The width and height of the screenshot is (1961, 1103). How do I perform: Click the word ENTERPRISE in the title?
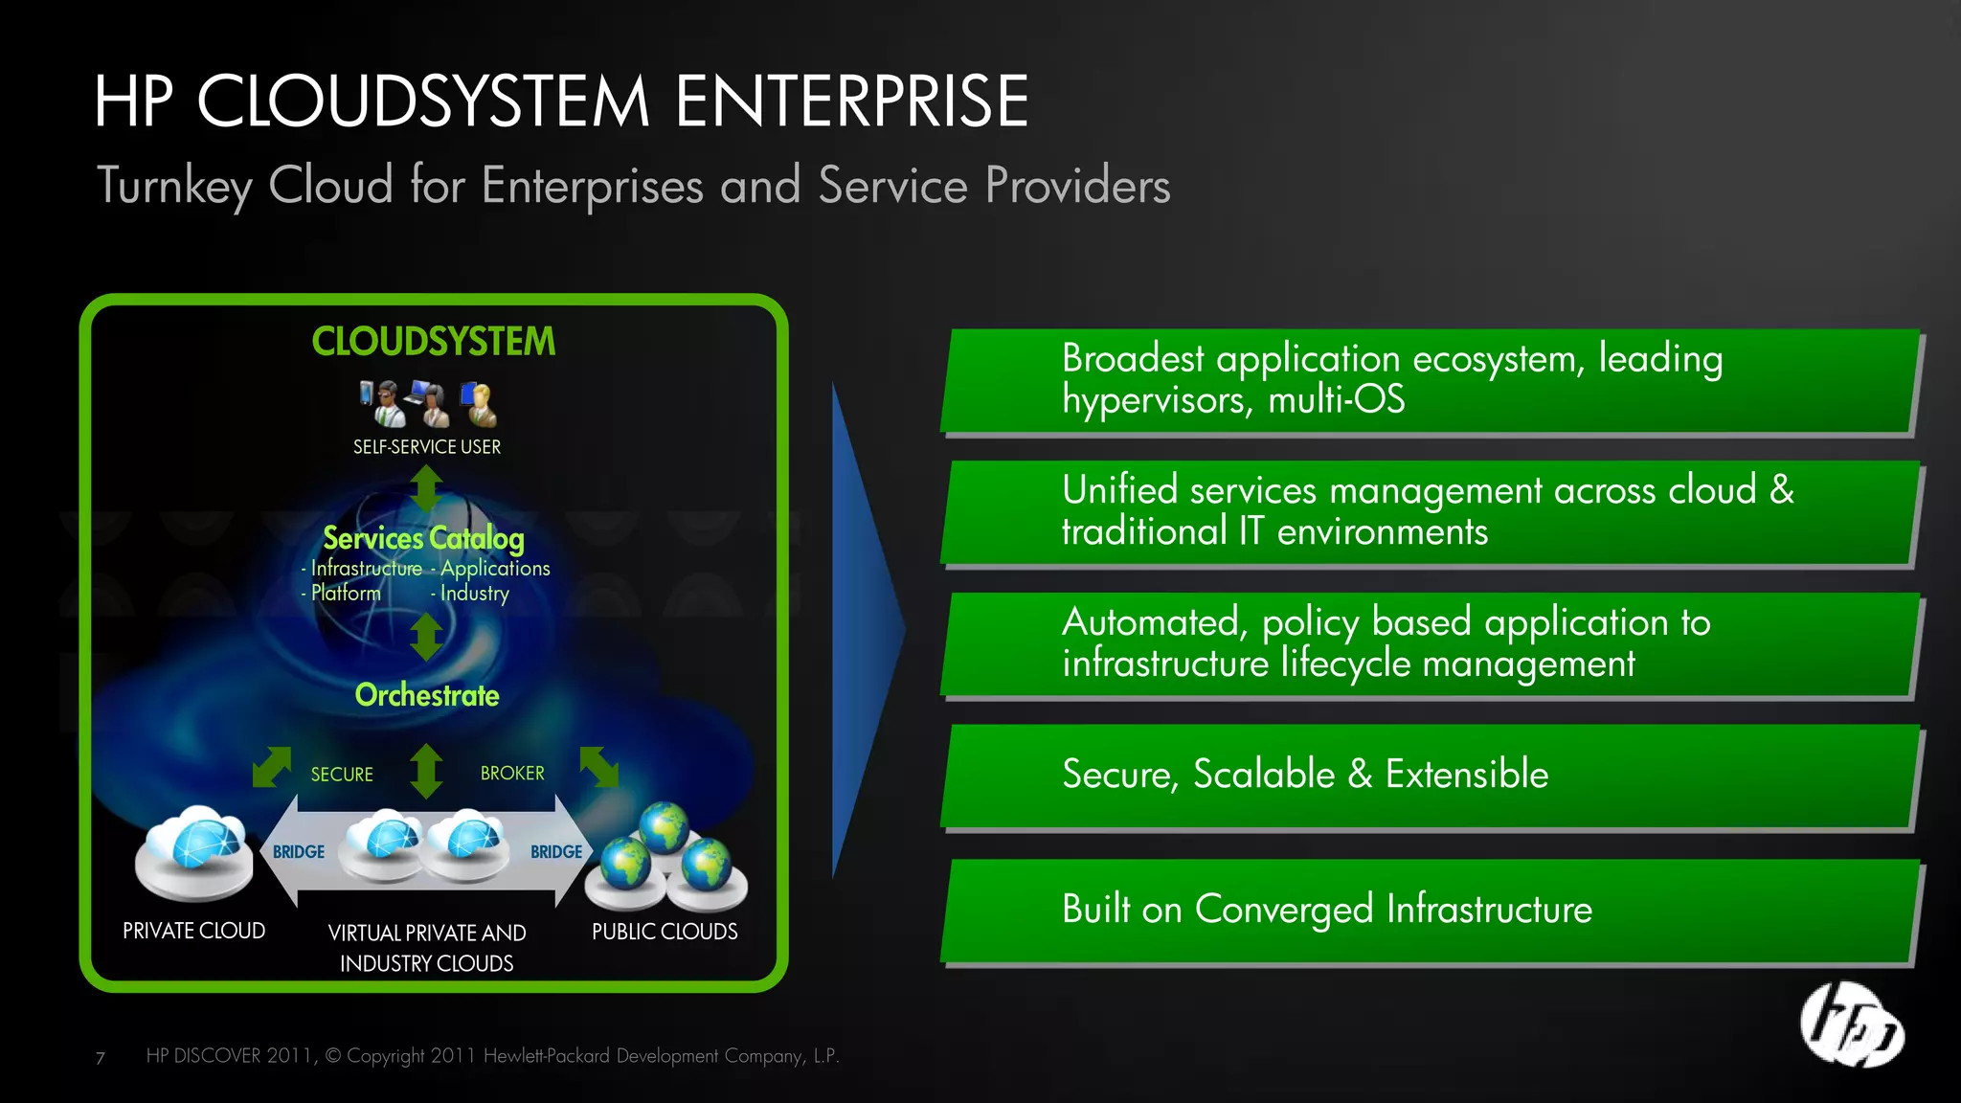coord(851,101)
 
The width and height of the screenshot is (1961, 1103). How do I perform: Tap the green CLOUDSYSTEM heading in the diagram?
coord(433,342)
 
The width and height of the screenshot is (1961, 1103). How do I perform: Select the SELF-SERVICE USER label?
coord(427,447)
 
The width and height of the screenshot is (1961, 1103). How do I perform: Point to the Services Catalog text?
coord(423,538)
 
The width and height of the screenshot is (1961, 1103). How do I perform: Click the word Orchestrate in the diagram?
coord(427,695)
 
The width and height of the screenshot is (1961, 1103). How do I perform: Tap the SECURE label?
coord(342,775)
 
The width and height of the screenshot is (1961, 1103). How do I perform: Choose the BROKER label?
coord(512,774)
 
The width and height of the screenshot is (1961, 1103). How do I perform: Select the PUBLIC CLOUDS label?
coord(665,932)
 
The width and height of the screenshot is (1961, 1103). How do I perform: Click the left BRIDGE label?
coord(299,852)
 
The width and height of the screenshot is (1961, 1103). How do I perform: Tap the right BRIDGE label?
coord(556,852)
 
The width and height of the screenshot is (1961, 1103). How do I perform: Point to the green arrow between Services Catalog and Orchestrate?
coord(426,637)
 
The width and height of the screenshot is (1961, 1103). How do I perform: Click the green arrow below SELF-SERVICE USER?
coord(426,488)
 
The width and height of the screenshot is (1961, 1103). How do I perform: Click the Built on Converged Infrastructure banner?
coord(1431,910)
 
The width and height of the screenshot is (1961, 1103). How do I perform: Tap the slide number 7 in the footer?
coord(101,1058)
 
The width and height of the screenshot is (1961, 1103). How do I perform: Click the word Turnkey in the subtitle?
coord(175,186)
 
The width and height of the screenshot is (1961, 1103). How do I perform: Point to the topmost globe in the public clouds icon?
coord(665,825)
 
